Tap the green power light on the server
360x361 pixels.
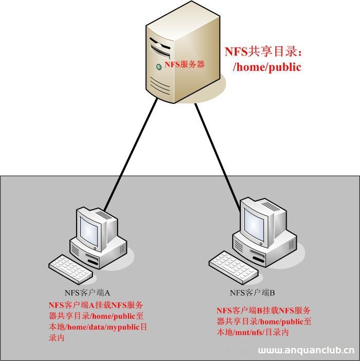click(x=159, y=67)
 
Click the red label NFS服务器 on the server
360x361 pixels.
click(x=184, y=64)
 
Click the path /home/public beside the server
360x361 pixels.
click(x=267, y=67)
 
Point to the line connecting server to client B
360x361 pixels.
click(x=218, y=154)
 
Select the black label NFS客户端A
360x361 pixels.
click(x=85, y=293)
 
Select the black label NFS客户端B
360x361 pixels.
click(x=253, y=293)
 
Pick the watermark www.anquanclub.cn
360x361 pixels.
click(x=306, y=352)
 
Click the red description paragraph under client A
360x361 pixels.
click(x=96, y=321)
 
